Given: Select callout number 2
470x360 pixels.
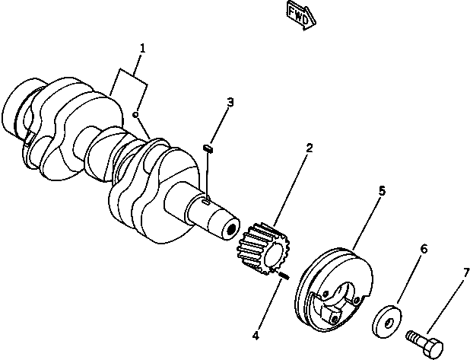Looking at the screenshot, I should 309,148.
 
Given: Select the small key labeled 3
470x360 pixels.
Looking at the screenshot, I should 211,148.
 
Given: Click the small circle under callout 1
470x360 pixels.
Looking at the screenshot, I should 134,115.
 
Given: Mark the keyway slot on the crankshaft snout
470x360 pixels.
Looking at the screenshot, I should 208,201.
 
